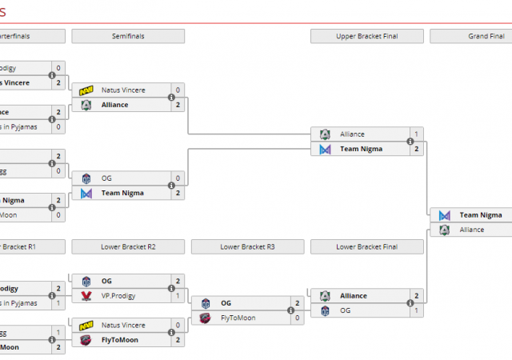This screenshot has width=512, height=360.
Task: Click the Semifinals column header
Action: tap(128, 36)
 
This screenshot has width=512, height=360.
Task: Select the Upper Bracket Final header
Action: tap(367, 36)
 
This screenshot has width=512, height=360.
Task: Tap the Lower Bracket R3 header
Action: tap(247, 246)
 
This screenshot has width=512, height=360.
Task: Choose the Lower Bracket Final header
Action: tap(367, 246)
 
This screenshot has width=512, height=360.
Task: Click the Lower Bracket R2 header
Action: tap(128, 246)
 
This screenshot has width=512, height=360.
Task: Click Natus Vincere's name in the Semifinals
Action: tap(123, 90)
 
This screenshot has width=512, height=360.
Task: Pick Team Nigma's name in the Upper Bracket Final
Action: tap(361, 149)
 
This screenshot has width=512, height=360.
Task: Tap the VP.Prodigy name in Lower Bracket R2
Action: tap(120, 295)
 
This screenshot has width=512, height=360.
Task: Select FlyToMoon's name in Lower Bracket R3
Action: tap(238, 318)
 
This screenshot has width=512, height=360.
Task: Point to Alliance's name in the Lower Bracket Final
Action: tap(354, 296)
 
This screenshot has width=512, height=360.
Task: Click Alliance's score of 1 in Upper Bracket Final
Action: tap(416, 134)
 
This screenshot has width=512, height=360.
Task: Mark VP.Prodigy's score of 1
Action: tap(178, 295)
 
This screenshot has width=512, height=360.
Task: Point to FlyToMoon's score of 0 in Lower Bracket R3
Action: tap(298, 318)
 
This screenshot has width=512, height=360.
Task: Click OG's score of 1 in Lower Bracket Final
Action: tap(416, 310)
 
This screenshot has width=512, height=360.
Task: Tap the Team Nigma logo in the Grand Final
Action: tap(445, 215)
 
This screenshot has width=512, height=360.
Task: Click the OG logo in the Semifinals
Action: tap(86, 178)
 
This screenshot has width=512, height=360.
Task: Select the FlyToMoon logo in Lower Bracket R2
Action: tap(86, 340)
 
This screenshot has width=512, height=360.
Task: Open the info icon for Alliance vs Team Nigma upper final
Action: tap(410, 142)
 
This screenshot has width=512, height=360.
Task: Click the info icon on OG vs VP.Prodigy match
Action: tap(172, 288)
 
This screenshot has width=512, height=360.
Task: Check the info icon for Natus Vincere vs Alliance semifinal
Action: tap(172, 98)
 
